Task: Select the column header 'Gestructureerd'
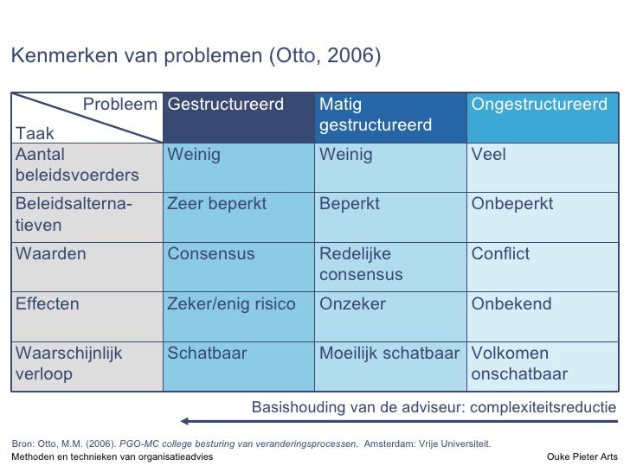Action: click(x=226, y=105)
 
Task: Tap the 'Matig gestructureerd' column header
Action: click(x=375, y=116)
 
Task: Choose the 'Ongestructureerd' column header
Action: click(x=538, y=105)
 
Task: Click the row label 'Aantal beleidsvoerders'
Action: click(x=77, y=165)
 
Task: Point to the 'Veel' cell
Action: click(x=488, y=156)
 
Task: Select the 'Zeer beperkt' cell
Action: click(x=217, y=205)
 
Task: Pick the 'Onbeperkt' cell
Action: click(x=511, y=205)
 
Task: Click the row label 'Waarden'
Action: click(x=48, y=255)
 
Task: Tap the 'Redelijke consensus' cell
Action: click(x=361, y=265)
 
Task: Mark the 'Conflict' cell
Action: click(x=500, y=255)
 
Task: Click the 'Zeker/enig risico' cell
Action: click(x=231, y=304)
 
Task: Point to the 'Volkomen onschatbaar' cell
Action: click(x=519, y=363)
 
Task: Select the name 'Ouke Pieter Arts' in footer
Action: click(x=583, y=456)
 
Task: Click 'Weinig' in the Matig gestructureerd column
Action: click(x=345, y=156)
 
